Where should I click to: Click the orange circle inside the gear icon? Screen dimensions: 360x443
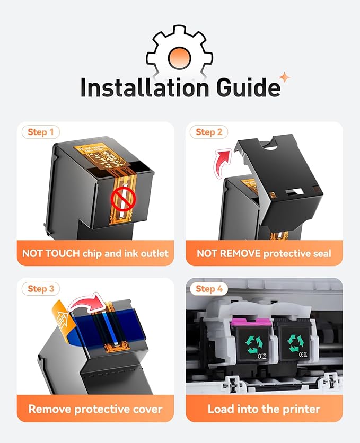(180, 58)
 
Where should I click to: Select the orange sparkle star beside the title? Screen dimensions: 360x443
(285, 77)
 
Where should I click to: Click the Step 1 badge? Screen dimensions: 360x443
(41, 132)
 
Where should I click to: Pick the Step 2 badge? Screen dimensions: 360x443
(208, 132)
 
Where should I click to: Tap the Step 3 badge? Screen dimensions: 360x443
(41, 288)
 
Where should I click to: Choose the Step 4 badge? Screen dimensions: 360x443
(208, 288)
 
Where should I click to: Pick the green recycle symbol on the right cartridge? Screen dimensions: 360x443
(295, 344)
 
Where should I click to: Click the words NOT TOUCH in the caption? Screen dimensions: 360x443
(51, 253)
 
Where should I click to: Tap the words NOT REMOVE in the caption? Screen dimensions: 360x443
(229, 253)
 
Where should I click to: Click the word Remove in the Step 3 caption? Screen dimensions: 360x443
(49, 409)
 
